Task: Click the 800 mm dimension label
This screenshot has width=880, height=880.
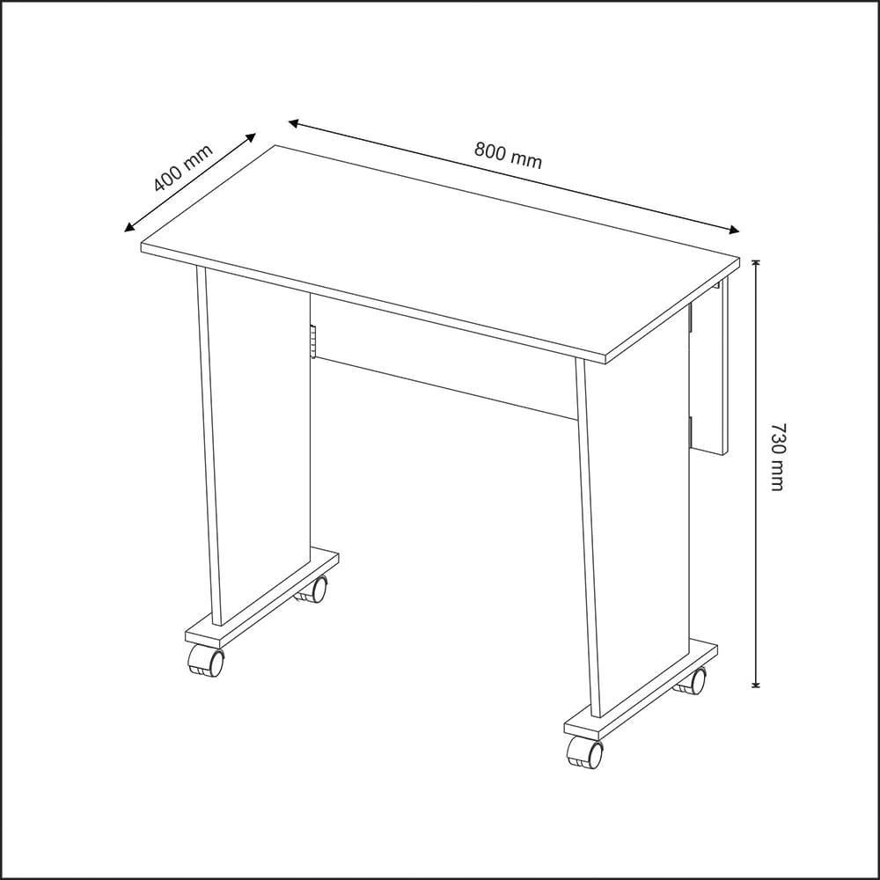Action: [508, 156]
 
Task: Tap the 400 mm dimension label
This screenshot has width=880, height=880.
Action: [183, 168]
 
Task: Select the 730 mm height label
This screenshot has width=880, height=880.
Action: [778, 457]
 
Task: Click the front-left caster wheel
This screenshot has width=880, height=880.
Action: [206, 661]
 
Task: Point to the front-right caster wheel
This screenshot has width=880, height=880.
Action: [585, 752]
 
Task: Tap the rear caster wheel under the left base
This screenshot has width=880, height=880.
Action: [312, 590]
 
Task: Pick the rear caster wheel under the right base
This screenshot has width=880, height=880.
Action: [691, 681]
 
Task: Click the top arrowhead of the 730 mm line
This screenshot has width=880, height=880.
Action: [756, 265]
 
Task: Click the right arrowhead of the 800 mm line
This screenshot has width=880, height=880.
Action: [734, 229]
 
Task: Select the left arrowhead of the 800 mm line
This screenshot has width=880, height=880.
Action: [294, 123]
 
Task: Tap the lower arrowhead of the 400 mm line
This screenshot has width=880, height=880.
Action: [129, 227]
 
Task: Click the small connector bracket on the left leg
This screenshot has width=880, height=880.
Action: [312, 341]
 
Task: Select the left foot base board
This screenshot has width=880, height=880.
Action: [262, 598]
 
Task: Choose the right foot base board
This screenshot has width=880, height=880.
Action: [641, 691]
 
